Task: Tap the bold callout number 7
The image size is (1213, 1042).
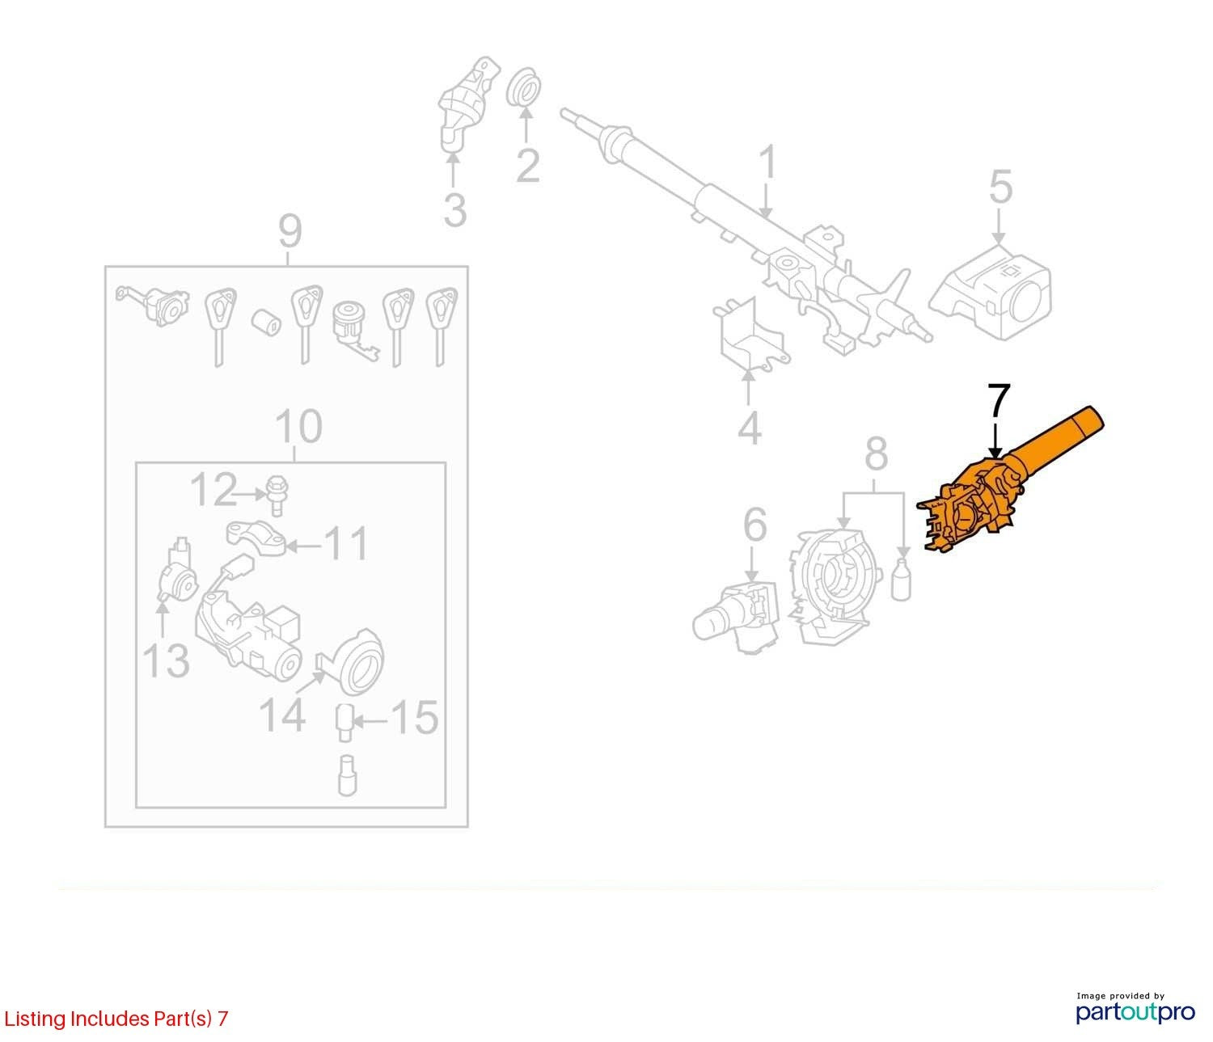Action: tap(1000, 402)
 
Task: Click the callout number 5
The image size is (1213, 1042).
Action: tap(1000, 187)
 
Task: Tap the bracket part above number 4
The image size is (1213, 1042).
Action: tap(751, 335)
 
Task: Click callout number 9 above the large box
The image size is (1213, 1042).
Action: tap(290, 231)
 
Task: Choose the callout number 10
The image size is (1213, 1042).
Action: tap(298, 427)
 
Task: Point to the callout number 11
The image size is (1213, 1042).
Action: tap(346, 544)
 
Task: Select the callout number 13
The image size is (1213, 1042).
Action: tap(166, 661)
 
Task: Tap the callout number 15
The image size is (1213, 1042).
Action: tap(415, 716)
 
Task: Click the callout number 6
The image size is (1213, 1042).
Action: tap(754, 525)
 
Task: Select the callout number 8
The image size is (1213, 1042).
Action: tap(876, 454)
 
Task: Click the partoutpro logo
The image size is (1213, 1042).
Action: tap(1135, 1012)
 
